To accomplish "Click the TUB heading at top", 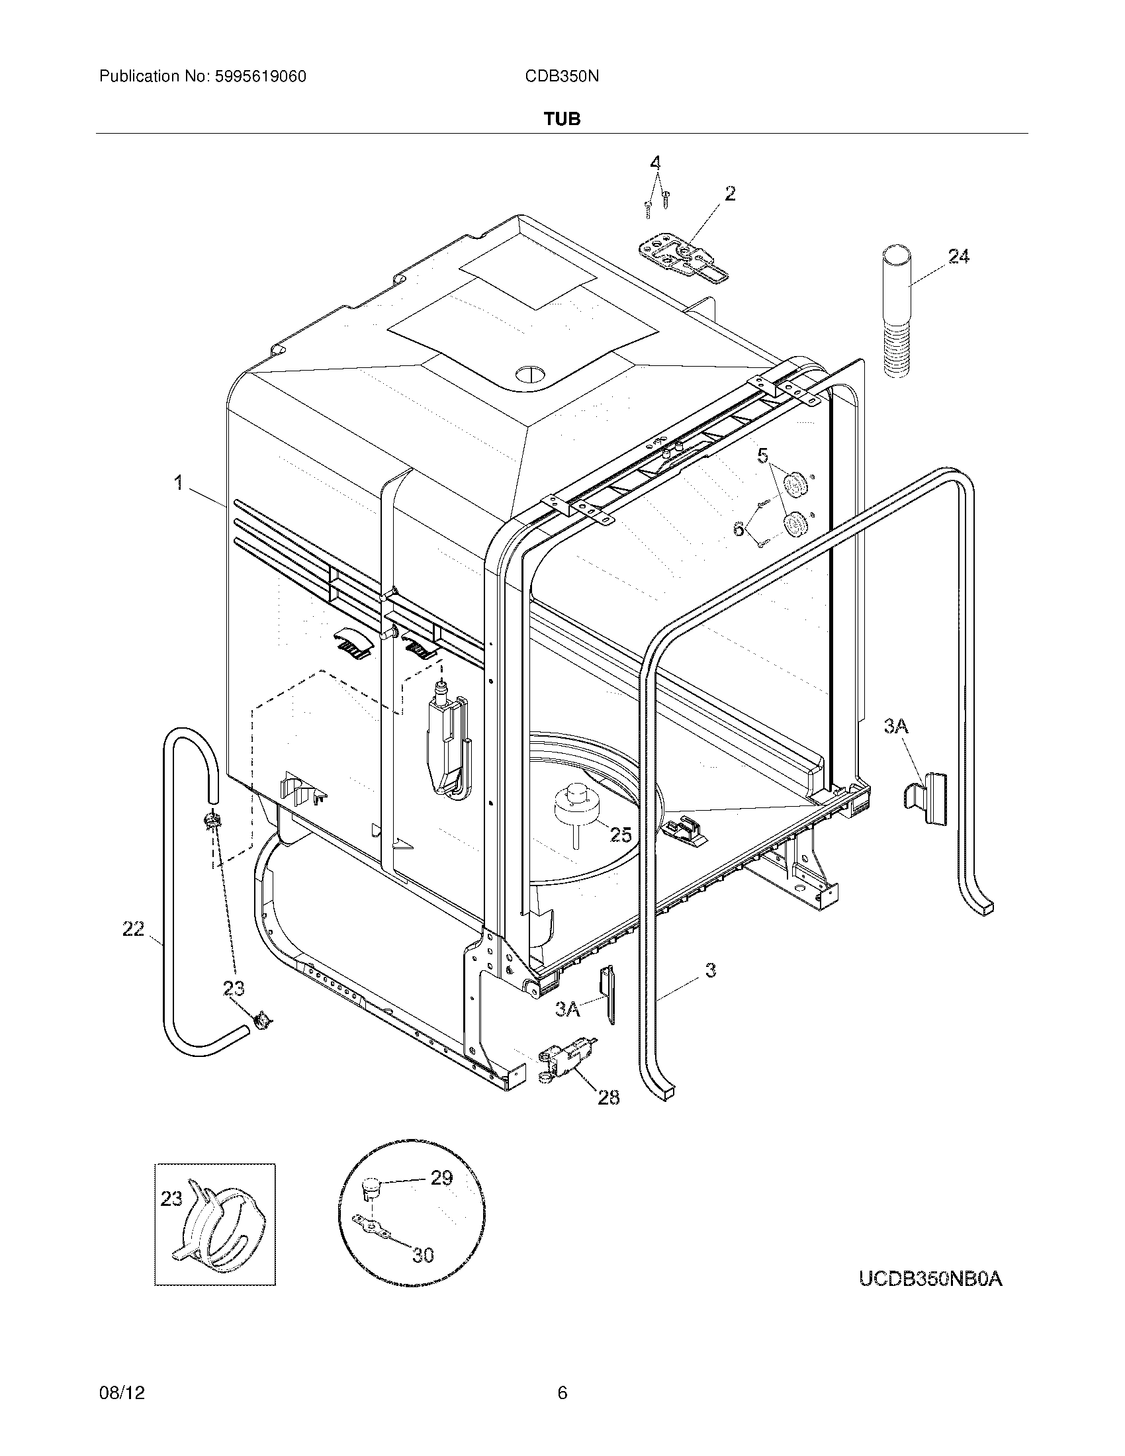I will [x=562, y=119].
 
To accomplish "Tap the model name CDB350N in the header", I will [x=562, y=77].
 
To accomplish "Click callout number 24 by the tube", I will [x=958, y=256].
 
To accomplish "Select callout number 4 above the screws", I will [x=656, y=163].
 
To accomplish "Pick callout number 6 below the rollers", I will [x=739, y=529].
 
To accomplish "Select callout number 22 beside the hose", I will [x=133, y=929].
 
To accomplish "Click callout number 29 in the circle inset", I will [x=441, y=1177].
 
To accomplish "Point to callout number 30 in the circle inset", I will [x=424, y=1255].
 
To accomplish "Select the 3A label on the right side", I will [x=897, y=726].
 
